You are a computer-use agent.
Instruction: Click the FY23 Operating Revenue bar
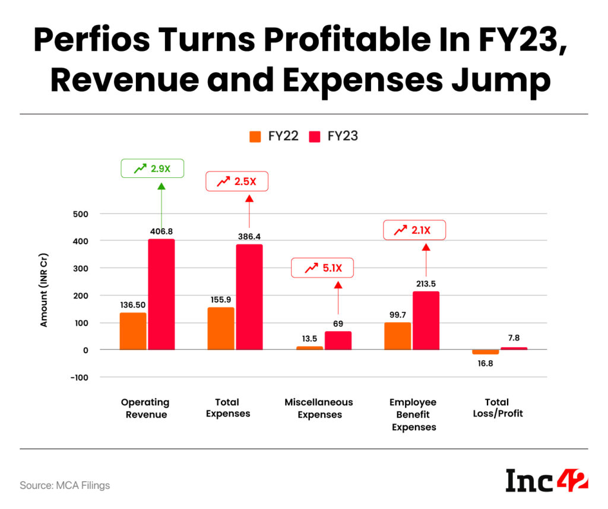click(x=161, y=294)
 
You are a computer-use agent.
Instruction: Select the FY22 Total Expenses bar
click(x=221, y=329)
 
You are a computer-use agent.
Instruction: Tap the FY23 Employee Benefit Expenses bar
click(x=426, y=320)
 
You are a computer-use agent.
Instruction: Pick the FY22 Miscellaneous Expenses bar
click(x=309, y=348)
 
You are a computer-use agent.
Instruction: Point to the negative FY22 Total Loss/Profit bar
click(x=486, y=352)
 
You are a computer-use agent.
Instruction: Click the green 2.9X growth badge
click(x=152, y=168)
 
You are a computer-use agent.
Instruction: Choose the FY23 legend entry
click(x=334, y=136)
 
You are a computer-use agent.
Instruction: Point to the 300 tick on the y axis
click(x=81, y=268)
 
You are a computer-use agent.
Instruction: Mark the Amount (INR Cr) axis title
click(x=45, y=291)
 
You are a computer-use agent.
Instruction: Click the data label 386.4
click(x=249, y=236)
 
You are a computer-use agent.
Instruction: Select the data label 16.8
click(x=485, y=364)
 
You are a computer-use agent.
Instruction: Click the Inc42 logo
click(x=546, y=480)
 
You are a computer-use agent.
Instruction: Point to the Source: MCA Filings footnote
click(x=65, y=485)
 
